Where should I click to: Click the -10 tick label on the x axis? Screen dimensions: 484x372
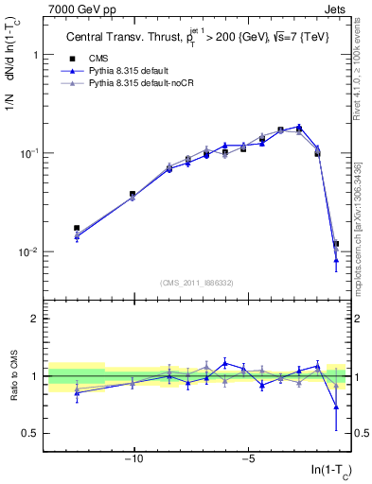(133, 460)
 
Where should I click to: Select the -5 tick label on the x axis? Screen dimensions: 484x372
(248, 460)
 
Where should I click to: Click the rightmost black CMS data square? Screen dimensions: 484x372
(336, 244)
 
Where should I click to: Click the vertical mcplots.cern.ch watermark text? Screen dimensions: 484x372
(363, 189)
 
